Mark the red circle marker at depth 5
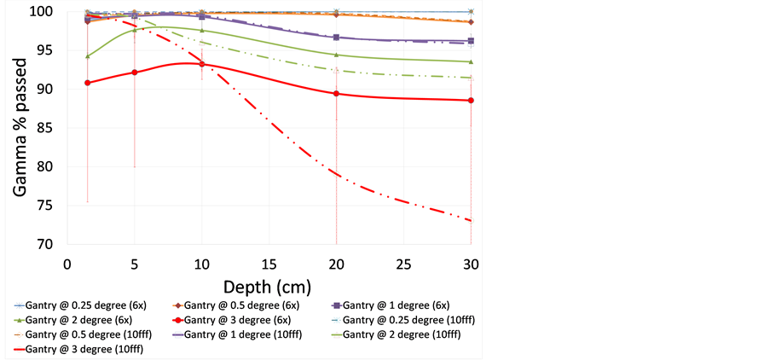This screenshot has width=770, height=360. tap(135, 73)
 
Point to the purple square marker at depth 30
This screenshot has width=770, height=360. tap(471, 40)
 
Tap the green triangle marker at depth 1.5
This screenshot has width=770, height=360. tap(88, 56)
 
